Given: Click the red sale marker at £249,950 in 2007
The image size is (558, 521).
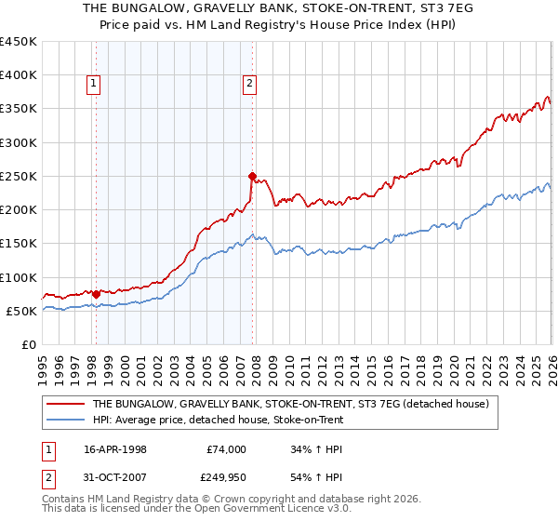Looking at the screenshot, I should click(x=252, y=175).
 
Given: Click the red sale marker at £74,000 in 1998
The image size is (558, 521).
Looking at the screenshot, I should click(x=96, y=294).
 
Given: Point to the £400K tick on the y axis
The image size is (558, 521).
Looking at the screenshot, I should click(x=19, y=75).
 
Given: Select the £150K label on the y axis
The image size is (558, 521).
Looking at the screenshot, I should click(x=19, y=244).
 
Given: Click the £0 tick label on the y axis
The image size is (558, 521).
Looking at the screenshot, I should click(x=30, y=344).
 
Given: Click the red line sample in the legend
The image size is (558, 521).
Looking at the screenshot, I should click(x=66, y=405).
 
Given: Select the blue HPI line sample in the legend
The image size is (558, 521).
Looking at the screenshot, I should click(x=66, y=420).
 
